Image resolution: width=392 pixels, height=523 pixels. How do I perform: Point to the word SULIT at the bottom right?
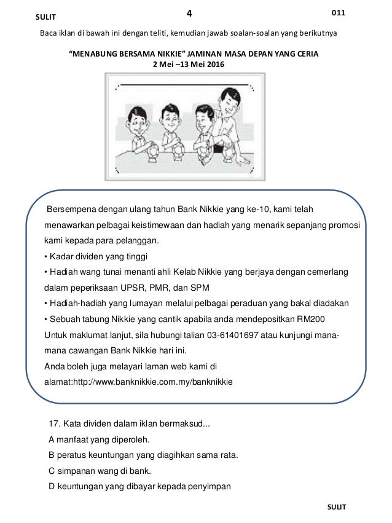tap(337, 506)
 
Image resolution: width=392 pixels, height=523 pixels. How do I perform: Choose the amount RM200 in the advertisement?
tap(312, 319)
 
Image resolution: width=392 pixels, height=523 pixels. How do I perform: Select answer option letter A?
tap(50, 439)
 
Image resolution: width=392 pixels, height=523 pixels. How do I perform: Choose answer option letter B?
tap(50, 455)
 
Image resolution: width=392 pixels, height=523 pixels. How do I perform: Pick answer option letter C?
tap(50, 471)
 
